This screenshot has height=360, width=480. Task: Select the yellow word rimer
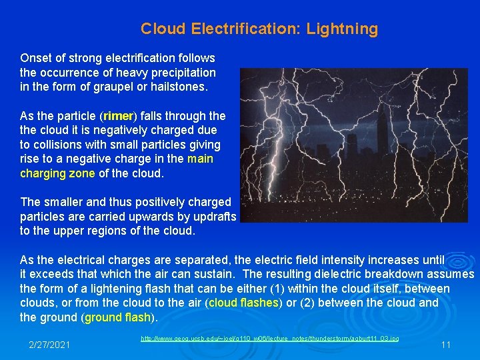119,116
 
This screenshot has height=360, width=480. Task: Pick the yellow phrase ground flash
117,317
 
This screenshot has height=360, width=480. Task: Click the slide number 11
446,345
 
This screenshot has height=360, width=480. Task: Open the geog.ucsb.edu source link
269,339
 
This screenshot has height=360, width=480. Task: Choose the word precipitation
183,72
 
